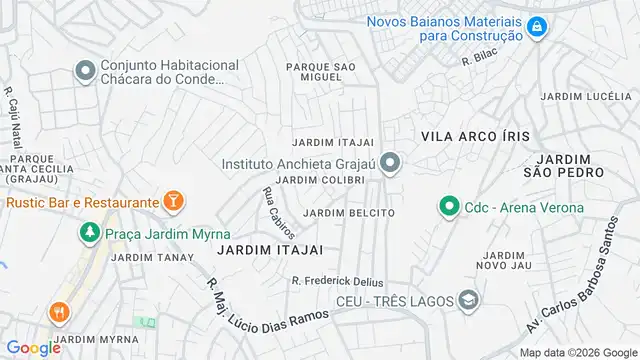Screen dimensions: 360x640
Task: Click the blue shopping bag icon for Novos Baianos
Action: pyautogui.click(x=537, y=26)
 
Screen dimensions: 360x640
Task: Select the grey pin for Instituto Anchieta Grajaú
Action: pyautogui.click(x=391, y=161)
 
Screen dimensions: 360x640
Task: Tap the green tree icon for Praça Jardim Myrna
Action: pyautogui.click(x=88, y=233)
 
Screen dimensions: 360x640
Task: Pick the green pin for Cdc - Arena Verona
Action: pyautogui.click(x=447, y=207)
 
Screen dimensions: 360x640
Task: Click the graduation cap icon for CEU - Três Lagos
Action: pyautogui.click(x=466, y=299)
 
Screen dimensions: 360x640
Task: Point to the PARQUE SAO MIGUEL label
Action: pyautogui.click(x=321, y=72)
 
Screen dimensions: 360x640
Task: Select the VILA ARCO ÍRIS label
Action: pyautogui.click(x=474, y=135)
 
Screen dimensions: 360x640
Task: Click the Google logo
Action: pyautogui.click(x=33, y=347)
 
